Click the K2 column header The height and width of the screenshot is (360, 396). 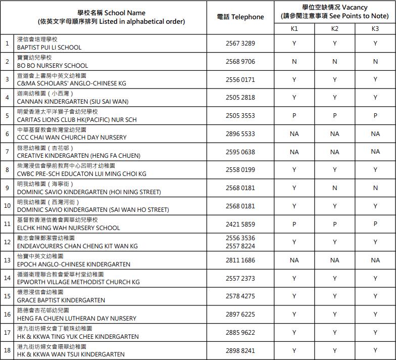334,29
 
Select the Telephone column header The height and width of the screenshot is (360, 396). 240,17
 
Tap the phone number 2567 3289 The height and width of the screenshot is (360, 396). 240,43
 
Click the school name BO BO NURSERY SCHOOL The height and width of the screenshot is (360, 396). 53,66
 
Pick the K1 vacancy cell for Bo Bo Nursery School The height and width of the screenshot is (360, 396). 294,62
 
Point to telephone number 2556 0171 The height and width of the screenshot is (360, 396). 240,80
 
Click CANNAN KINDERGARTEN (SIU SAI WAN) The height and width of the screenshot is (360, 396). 73,102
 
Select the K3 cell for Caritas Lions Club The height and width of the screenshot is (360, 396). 375,116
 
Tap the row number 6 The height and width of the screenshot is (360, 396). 7,134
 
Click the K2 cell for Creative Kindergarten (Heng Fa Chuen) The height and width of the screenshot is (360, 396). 334,152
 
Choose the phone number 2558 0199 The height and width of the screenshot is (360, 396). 240,170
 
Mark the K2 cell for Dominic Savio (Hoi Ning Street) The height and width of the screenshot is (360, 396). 334,188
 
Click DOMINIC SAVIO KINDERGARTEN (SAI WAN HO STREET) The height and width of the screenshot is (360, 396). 93,210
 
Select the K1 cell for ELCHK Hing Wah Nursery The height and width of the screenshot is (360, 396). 294,224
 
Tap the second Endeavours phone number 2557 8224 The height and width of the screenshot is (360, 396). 240,246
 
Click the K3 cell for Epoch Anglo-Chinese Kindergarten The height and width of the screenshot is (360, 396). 375,260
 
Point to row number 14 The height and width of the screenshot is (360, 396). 7,278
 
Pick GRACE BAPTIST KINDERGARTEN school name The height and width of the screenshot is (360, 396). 61,300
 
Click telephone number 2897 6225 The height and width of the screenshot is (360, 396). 240,314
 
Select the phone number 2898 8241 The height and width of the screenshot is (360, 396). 240,350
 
